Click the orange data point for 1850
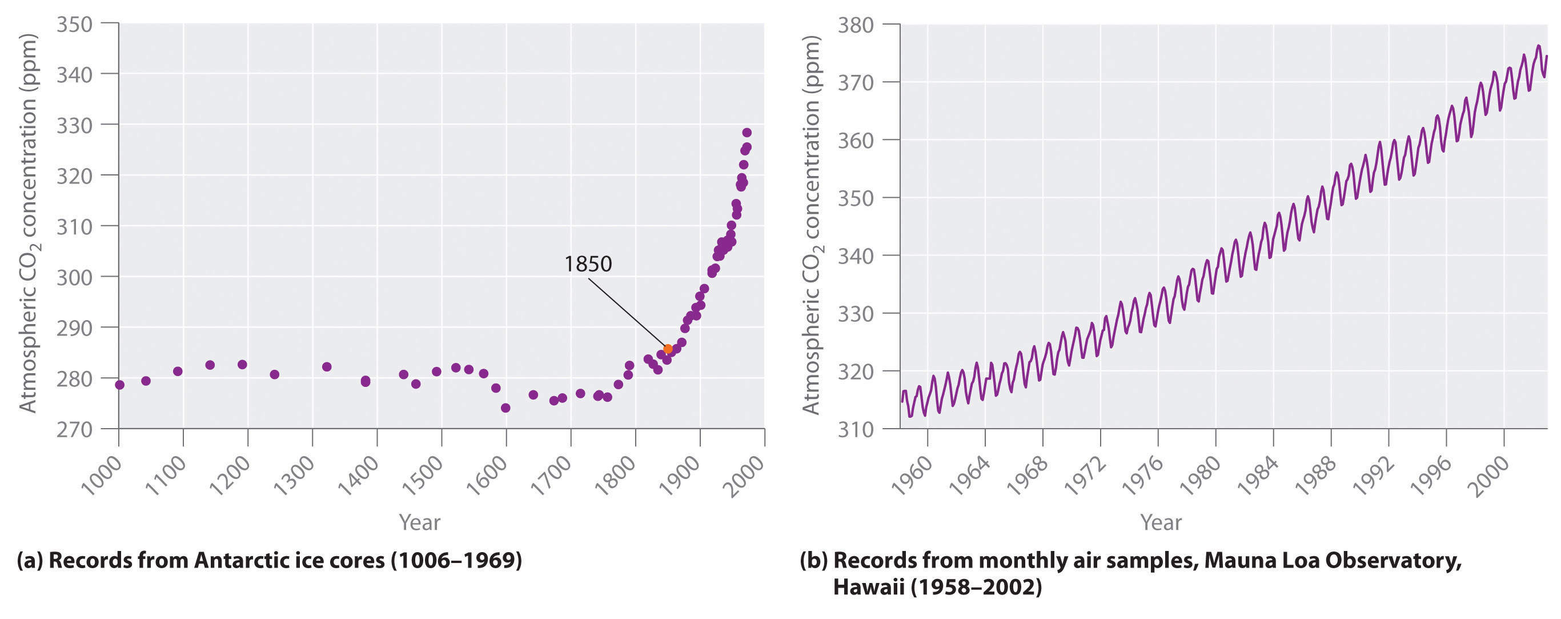click(x=668, y=349)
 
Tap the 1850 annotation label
click(x=588, y=264)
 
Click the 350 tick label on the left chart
click(x=74, y=24)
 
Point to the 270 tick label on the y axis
click(x=74, y=429)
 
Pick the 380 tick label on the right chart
click(x=855, y=26)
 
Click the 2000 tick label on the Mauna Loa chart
click(x=1488, y=476)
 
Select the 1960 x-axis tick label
click(x=912, y=476)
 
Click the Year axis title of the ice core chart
click(x=419, y=522)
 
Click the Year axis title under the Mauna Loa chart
click(x=1161, y=522)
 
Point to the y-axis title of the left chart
click(x=28, y=223)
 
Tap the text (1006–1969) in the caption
click(x=456, y=560)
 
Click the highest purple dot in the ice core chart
click(x=747, y=133)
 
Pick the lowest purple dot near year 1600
click(x=505, y=408)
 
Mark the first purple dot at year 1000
click(x=119, y=385)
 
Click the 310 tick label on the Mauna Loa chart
click(x=855, y=430)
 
